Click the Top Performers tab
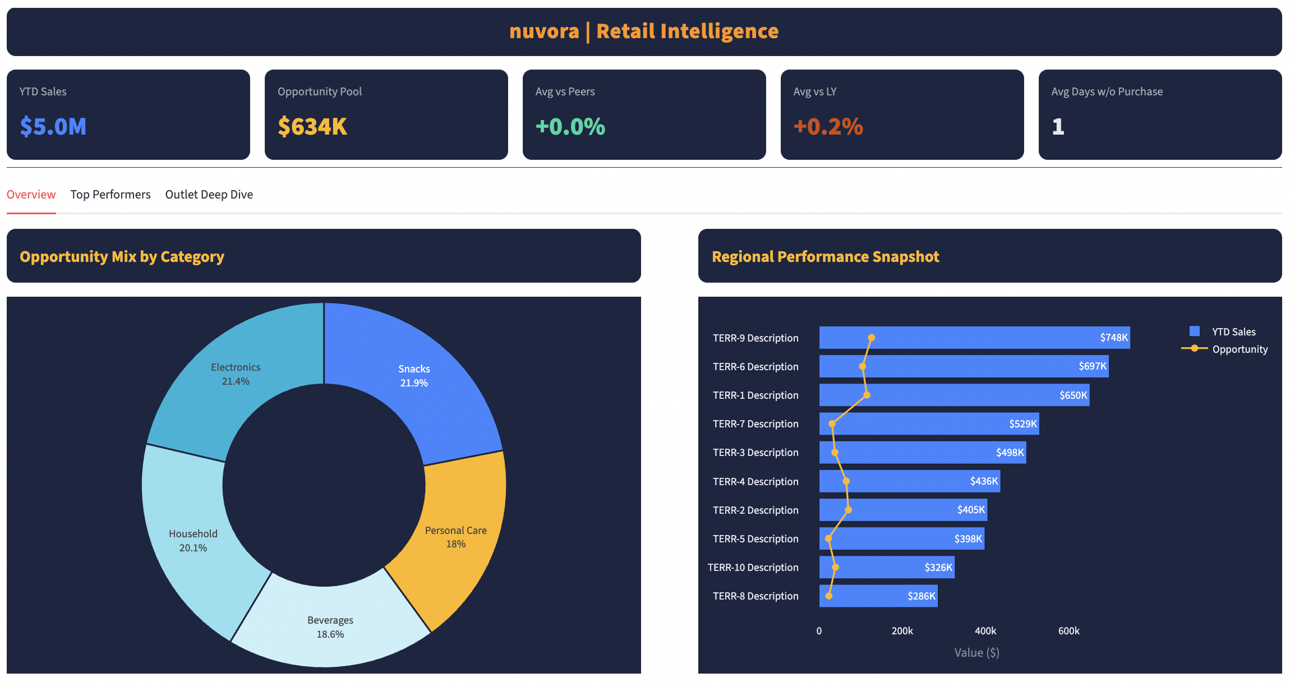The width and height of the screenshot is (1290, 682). pyautogui.click(x=110, y=195)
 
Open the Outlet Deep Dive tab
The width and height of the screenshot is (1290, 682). pyautogui.click(x=209, y=195)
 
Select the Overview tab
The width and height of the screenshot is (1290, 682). pyautogui.click(x=31, y=195)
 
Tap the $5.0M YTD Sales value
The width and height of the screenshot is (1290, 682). pyautogui.click(x=53, y=127)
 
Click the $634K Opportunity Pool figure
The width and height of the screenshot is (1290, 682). pyautogui.click(x=312, y=127)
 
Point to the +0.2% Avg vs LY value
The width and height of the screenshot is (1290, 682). pyautogui.click(x=828, y=127)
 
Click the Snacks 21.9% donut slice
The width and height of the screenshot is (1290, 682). pyautogui.click(x=414, y=376)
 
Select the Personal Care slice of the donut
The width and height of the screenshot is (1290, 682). pyautogui.click(x=455, y=537)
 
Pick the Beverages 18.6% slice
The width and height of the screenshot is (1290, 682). pyautogui.click(x=330, y=627)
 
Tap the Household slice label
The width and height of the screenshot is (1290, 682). pyautogui.click(x=193, y=541)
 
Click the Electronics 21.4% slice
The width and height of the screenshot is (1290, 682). pyautogui.click(x=236, y=374)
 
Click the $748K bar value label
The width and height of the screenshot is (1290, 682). pyautogui.click(x=1113, y=338)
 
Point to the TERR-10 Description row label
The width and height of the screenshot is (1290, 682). pyautogui.click(x=753, y=568)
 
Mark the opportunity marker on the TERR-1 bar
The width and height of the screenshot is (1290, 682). pyautogui.click(x=867, y=395)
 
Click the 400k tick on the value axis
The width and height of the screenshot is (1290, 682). pyautogui.click(x=985, y=631)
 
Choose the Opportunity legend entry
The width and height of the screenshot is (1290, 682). pyautogui.click(x=1240, y=349)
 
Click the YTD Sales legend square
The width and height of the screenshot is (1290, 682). pyautogui.click(x=1195, y=331)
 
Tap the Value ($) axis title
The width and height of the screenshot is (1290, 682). pyautogui.click(x=976, y=653)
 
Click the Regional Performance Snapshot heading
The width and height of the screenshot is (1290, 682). pyautogui.click(x=825, y=257)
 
